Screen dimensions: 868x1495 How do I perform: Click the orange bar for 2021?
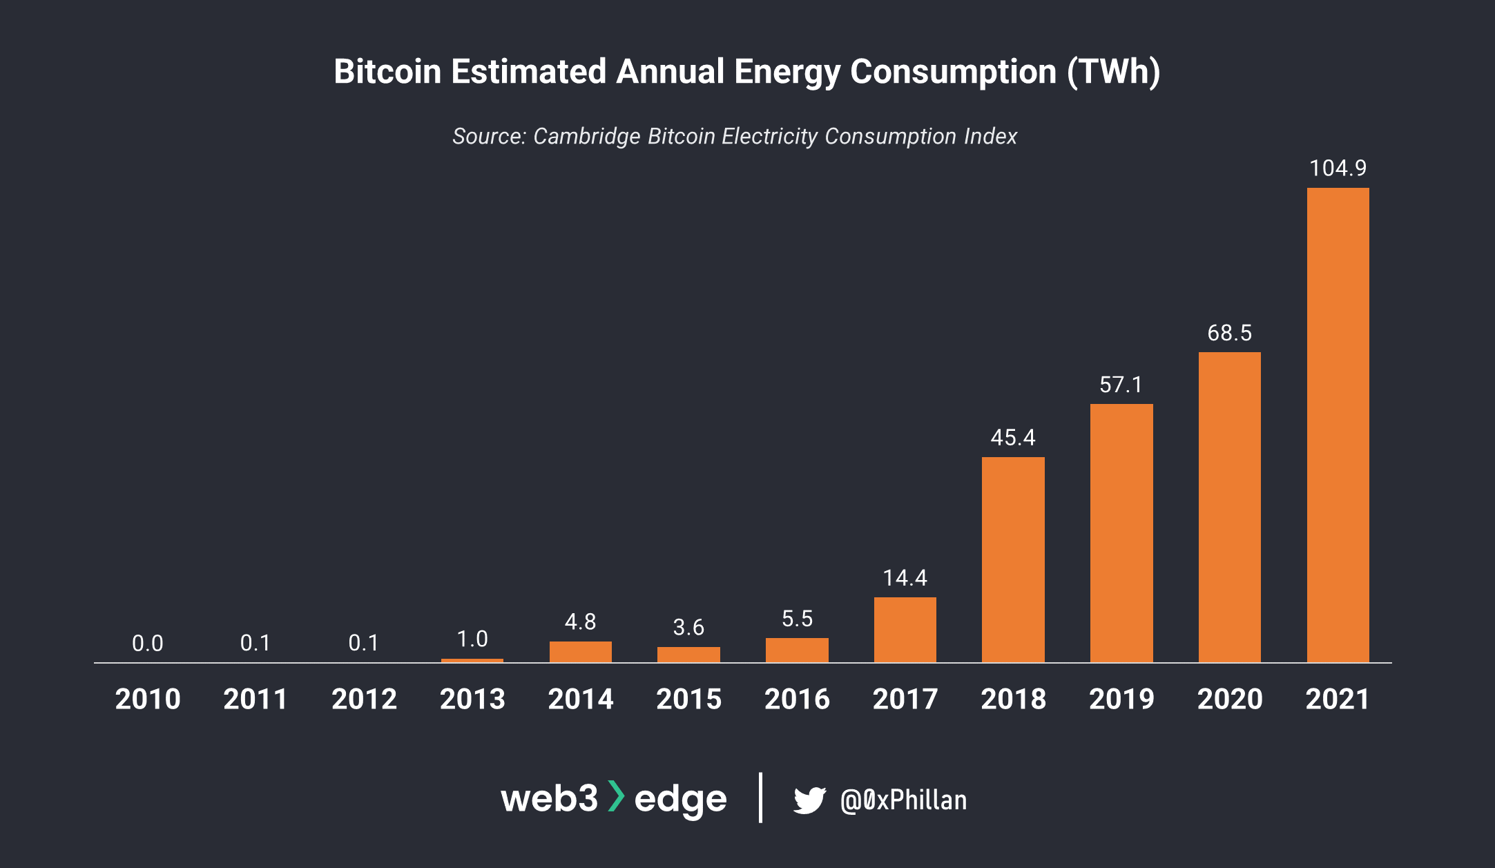pyautogui.click(x=1338, y=425)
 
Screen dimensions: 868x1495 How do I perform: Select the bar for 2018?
pyautogui.click(x=1013, y=559)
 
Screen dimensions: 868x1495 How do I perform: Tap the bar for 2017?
pyautogui.click(x=905, y=630)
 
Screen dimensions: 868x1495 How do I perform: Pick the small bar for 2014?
pyautogui.click(x=580, y=652)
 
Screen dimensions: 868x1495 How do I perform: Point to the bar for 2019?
pyautogui.click(x=1121, y=533)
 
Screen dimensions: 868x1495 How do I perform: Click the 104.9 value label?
pyautogui.click(x=1338, y=168)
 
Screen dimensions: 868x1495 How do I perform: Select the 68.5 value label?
pyautogui.click(x=1229, y=333)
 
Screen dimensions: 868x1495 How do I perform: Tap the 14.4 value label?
pyautogui.click(x=905, y=577)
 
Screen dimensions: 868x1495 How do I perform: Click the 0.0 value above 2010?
pyautogui.click(x=147, y=644)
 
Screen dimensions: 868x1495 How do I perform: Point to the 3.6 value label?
pyautogui.click(x=688, y=627)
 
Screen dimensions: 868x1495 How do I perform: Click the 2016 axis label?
pyautogui.click(x=797, y=699)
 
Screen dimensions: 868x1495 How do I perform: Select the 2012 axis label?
pyautogui.click(x=364, y=699)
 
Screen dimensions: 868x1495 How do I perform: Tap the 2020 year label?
pyautogui.click(x=1229, y=699)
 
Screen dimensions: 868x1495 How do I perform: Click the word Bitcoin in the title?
pyautogui.click(x=387, y=72)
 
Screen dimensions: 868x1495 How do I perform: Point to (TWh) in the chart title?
pyautogui.click(x=1113, y=72)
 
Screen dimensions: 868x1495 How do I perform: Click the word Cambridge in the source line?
pyautogui.click(x=586, y=136)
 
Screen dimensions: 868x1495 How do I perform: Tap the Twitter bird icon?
pyautogui.click(x=809, y=800)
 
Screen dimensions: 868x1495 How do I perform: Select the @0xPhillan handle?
pyautogui.click(x=903, y=800)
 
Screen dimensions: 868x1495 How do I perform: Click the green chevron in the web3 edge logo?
pyautogui.click(x=616, y=796)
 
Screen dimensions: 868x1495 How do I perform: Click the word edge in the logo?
pyautogui.click(x=680, y=800)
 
